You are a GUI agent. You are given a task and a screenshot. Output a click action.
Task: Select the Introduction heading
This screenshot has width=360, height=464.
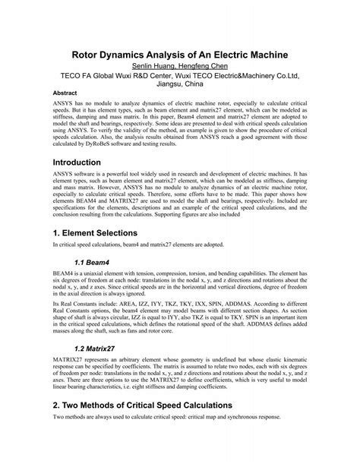coord(87,163)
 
